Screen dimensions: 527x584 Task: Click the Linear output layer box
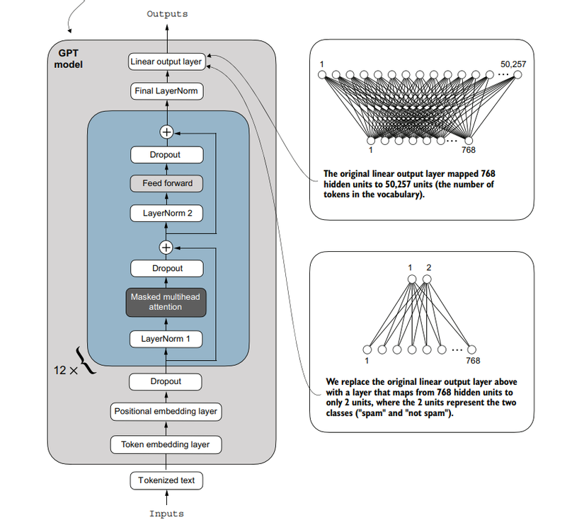166,62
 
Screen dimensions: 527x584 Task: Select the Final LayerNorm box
166,91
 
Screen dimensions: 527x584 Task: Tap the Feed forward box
166,183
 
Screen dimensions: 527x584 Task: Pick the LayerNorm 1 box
166,339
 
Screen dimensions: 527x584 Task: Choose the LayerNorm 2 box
166,212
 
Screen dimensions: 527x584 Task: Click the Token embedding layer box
166,445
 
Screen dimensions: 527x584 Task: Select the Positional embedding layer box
166,411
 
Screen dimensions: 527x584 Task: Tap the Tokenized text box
166,480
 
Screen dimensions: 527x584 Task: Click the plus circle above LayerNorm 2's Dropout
166,132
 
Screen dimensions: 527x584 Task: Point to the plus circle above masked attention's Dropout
166,248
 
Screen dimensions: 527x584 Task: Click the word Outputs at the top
168,13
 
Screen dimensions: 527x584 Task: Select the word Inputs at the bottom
166,514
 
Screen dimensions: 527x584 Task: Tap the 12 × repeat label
67,370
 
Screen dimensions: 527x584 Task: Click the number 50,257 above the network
513,64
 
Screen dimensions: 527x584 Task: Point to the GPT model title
69,59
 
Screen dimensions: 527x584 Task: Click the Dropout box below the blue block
166,381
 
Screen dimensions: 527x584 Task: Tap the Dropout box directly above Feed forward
166,155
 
